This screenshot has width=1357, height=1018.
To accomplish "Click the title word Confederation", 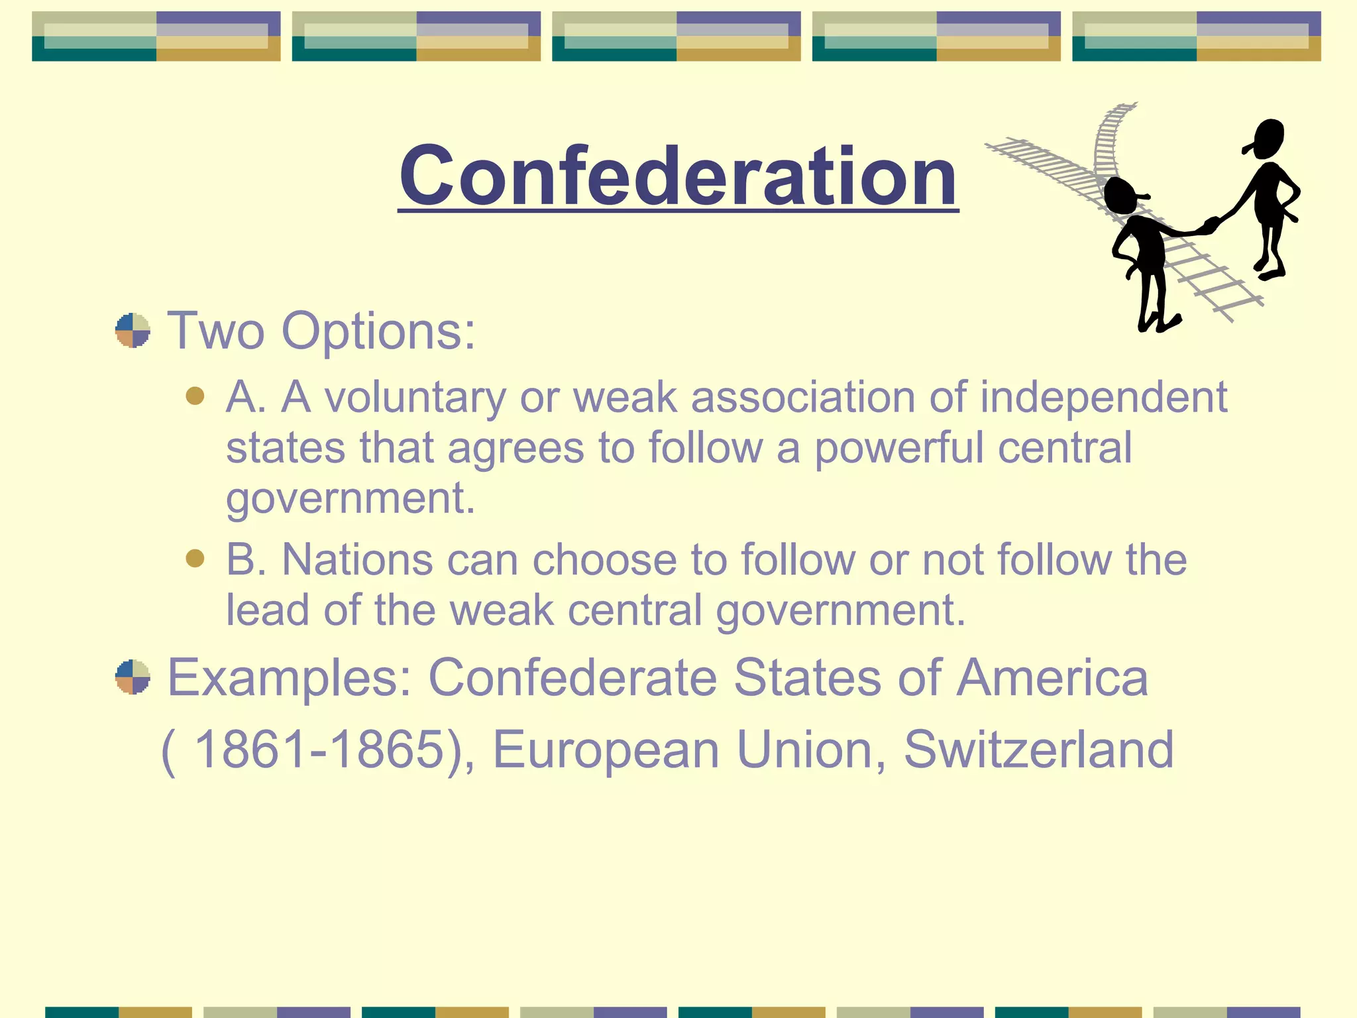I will point(678,176).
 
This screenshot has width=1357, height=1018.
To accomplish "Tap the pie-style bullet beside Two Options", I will point(133,330).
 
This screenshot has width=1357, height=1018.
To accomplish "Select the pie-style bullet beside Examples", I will point(133,677).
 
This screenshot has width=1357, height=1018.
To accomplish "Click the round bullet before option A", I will point(195,396).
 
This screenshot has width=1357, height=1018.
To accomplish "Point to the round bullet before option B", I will point(195,558).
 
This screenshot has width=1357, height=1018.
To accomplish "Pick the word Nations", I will point(358,560).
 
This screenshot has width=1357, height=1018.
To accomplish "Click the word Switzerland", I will point(1038,750).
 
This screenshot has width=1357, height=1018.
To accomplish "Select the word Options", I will point(378,331).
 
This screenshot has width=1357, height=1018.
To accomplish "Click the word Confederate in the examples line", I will point(573,677).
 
